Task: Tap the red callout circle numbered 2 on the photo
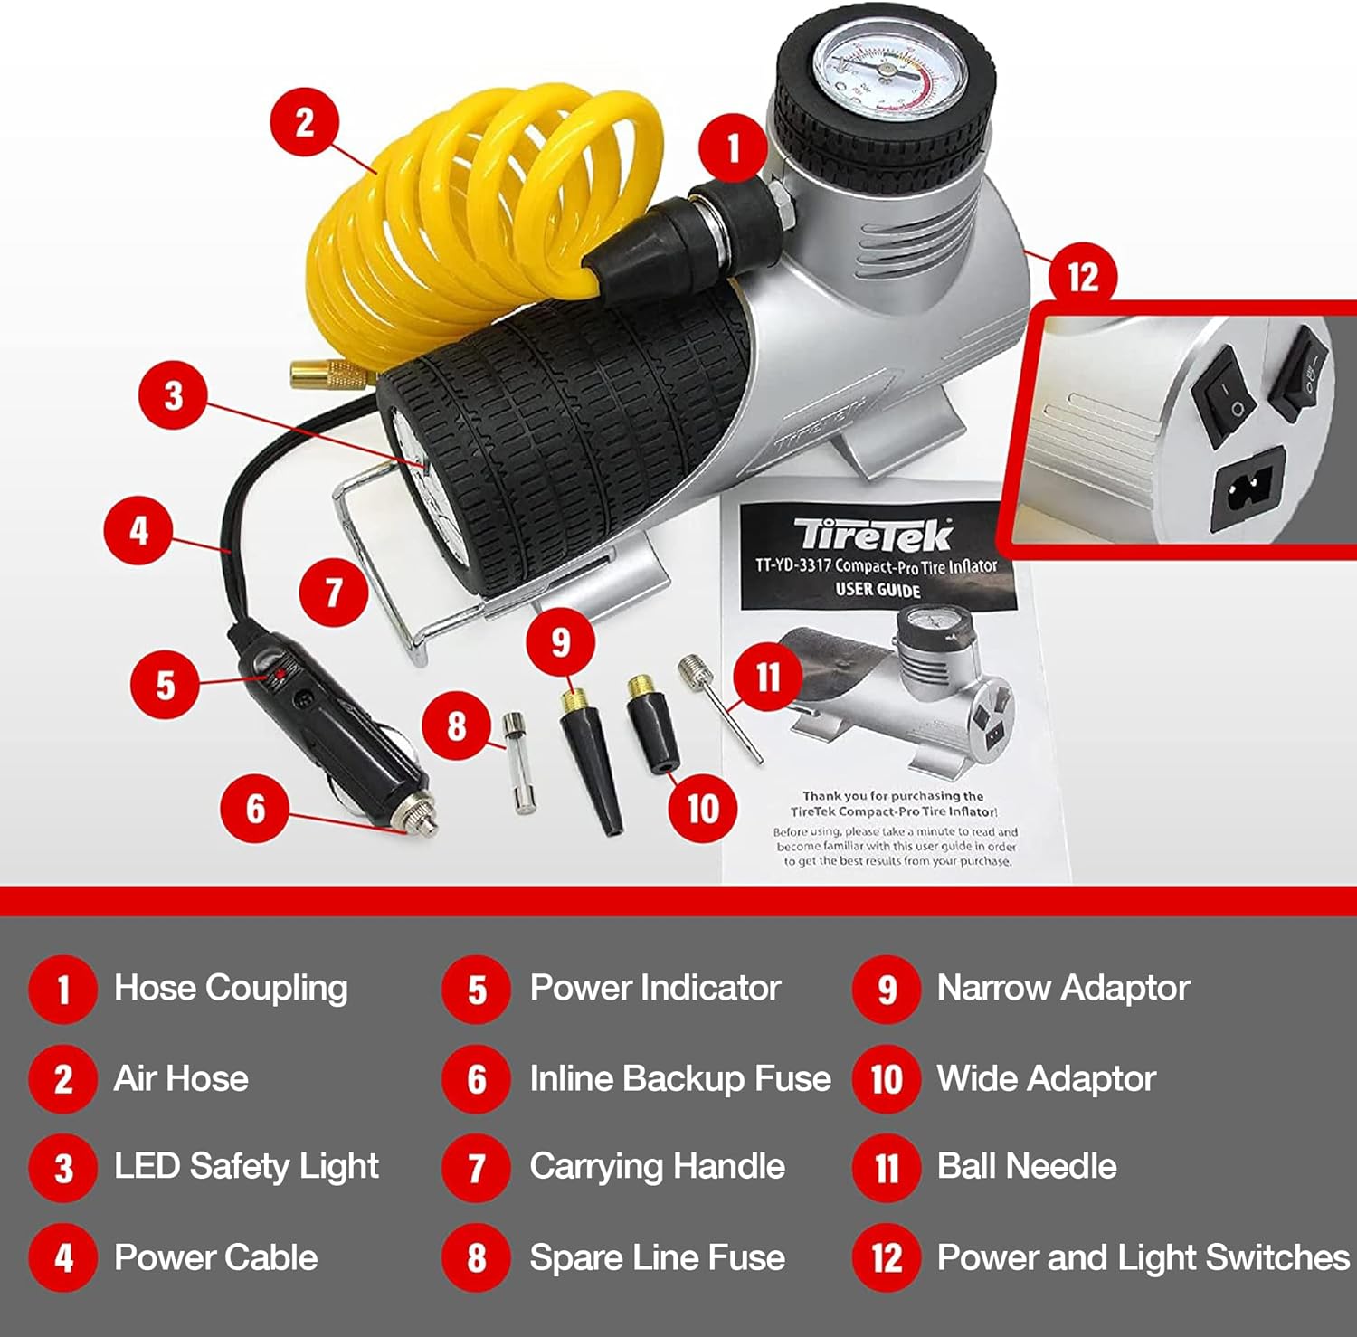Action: tap(305, 122)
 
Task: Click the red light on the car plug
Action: tap(280, 674)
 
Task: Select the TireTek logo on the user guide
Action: tap(872, 536)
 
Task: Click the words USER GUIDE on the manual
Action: tap(878, 590)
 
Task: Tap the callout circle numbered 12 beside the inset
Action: tap(1082, 277)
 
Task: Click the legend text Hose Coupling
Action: tap(231, 988)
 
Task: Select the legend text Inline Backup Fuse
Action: tap(679, 1078)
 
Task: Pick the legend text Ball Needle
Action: tap(1027, 1166)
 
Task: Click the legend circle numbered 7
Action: tap(477, 1168)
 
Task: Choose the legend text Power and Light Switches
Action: tap(1143, 1257)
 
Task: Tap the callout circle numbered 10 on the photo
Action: tap(703, 808)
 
